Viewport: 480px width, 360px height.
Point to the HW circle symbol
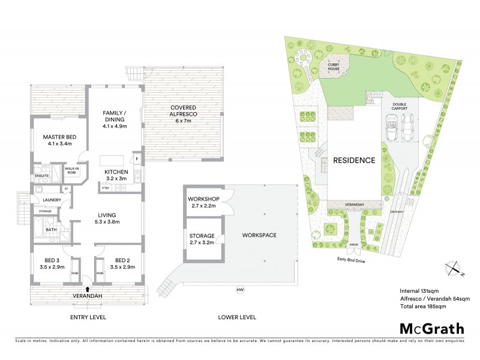(240, 290)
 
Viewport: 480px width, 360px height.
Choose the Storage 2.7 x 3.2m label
(202, 239)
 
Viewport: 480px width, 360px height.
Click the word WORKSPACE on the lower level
(260, 235)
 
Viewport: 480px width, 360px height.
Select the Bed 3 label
(52, 264)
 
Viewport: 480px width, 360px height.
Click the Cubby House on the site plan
(334, 67)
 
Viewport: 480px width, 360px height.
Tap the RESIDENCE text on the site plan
(355, 161)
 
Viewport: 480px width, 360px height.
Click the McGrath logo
(431, 328)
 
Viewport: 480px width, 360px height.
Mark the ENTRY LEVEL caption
(88, 316)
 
